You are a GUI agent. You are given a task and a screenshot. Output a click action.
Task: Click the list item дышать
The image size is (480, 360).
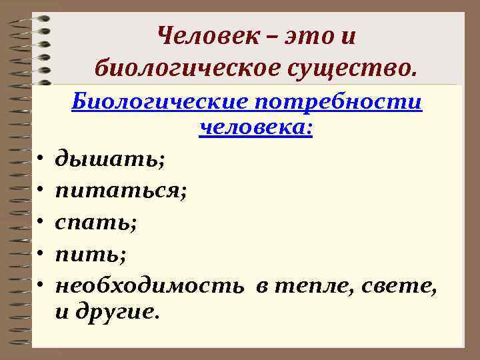pos(110,160)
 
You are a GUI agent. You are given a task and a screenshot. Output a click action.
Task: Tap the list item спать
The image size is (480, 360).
pos(96,223)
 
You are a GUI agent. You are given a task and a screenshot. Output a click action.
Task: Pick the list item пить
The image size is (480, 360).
pos(90,255)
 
